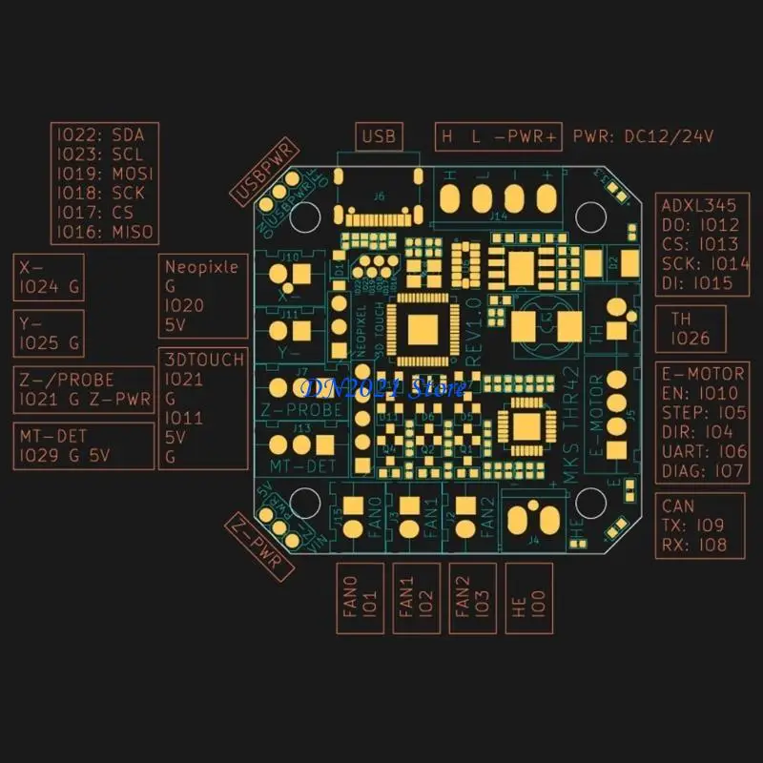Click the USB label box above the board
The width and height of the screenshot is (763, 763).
(x=379, y=136)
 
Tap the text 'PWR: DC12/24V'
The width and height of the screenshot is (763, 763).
(x=644, y=136)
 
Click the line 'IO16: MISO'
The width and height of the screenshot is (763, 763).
(x=104, y=232)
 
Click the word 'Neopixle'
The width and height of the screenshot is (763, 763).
(x=201, y=267)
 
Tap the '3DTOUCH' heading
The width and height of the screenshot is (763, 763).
(x=204, y=360)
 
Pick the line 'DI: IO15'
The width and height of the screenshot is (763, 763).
(x=698, y=282)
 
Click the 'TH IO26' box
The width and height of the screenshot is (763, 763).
(x=690, y=329)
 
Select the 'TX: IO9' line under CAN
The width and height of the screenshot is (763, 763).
(x=693, y=525)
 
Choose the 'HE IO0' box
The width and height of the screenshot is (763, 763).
(x=527, y=598)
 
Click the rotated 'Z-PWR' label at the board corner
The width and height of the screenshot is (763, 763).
(x=259, y=545)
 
